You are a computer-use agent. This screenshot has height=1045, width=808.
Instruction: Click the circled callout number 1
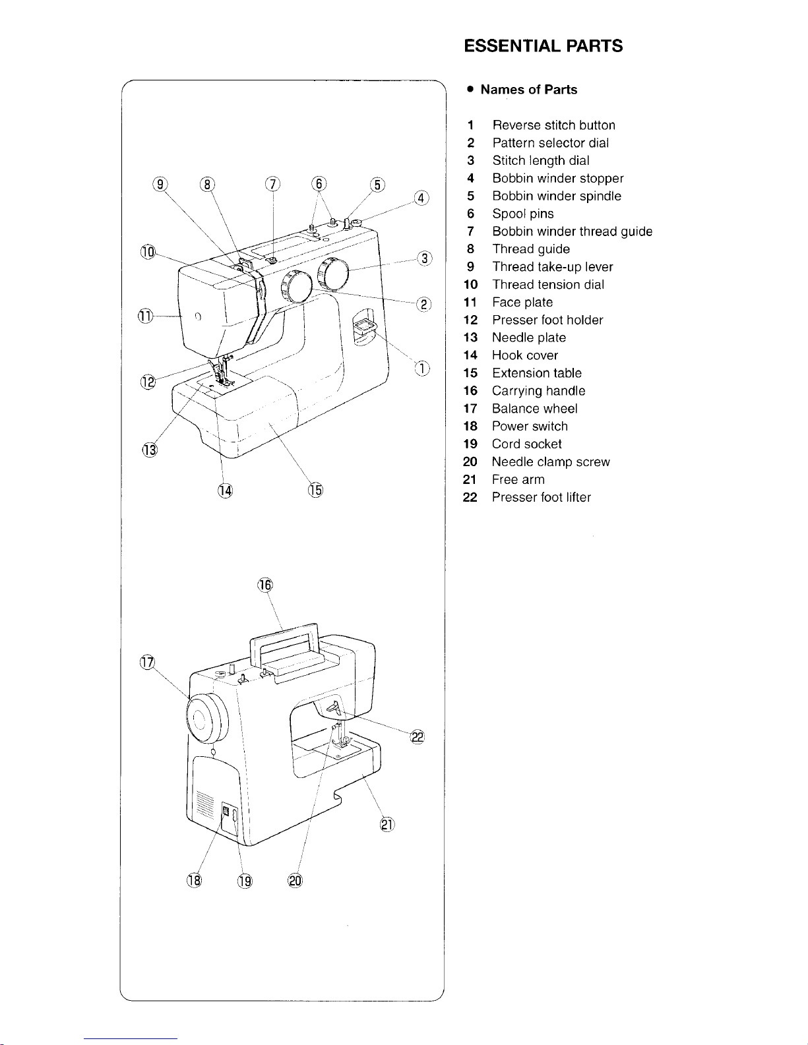[x=421, y=369]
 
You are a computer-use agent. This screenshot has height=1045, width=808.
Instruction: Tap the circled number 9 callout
[x=160, y=184]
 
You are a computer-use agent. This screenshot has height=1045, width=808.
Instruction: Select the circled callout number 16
[x=265, y=585]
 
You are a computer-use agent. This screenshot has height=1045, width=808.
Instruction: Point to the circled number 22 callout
[x=418, y=736]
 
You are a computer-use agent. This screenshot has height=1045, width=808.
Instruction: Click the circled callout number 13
[x=150, y=450]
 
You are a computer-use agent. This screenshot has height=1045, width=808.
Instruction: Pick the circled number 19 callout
[x=245, y=881]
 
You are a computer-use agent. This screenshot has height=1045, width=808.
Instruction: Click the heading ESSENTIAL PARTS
[x=543, y=46]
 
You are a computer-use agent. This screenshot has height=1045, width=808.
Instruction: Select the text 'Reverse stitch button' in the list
[x=553, y=125]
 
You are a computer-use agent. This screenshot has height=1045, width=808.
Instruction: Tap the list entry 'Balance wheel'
[x=534, y=408]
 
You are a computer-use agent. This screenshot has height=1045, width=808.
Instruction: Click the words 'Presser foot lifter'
[x=541, y=496]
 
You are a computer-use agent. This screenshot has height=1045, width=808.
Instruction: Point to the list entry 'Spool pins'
[x=523, y=214]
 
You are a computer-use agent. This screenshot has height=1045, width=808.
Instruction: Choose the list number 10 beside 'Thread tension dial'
[x=470, y=285]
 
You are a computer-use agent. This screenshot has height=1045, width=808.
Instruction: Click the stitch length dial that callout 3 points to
[x=333, y=274]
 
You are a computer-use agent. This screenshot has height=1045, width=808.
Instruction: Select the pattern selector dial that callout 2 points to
[x=297, y=287]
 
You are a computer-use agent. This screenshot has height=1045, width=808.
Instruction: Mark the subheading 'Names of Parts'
[x=528, y=90]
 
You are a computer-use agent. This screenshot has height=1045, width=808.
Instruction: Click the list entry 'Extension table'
[x=537, y=373]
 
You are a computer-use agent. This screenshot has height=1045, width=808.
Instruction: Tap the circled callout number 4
[x=421, y=198]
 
